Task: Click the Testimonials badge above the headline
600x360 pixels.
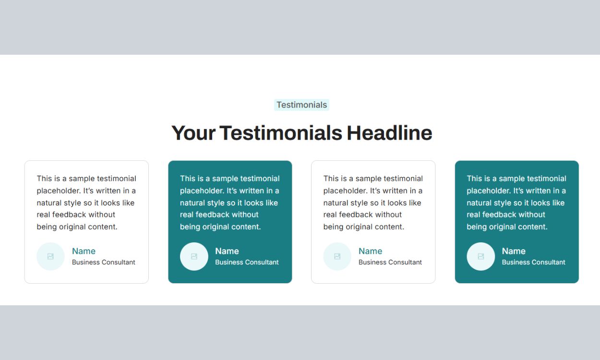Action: click(301, 105)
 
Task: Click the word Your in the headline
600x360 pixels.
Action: click(193, 133)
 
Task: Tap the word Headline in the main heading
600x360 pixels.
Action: click(389, 133)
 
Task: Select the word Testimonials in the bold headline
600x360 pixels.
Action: click(281, 133)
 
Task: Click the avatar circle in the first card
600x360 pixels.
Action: click(50, 256)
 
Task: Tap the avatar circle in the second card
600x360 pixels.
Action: click(194, 256)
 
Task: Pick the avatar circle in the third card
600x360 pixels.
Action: click(337, 256)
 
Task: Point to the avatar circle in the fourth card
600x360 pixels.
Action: click(481, 256)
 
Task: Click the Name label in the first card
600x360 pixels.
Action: click(84, 251)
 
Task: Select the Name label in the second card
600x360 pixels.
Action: click(227, 251)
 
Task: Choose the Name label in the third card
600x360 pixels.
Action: click(370, 251)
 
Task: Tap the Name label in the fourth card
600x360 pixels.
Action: click(514, 251)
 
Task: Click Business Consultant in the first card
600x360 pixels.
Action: click(103, 262)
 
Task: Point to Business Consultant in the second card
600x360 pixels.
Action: click(247, 262)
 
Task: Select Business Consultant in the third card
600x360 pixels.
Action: click(390, 262)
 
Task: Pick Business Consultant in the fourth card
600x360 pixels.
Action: click(534, 262)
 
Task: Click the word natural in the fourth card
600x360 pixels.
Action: click(479, 203)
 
